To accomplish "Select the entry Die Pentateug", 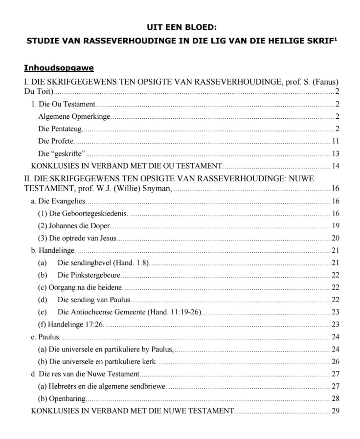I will [x=59, y=129].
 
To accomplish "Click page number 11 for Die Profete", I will [x=336, y=141].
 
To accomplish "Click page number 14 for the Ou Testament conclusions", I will [x=336, y=166].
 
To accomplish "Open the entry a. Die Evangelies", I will [x=59, y=201].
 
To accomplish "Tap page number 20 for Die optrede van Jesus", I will [x=336, y=239].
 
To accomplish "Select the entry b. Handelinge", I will [x=53, y=251].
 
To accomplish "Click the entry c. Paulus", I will [x=45, y=337].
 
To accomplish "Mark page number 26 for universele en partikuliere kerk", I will [x=336, y=362].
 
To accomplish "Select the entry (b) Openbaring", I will [x=62, y=399].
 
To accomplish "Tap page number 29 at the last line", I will [x=336, y=411].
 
